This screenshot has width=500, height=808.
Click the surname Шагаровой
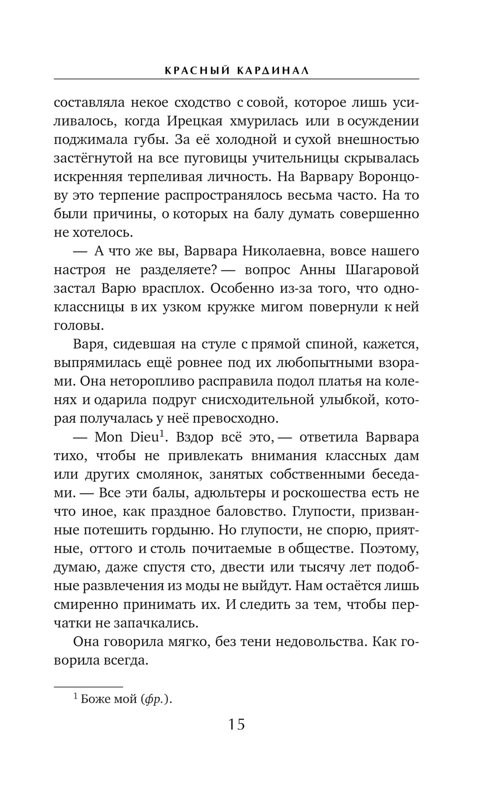pyautogui.click(x=382, y=270)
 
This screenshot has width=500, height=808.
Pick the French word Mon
pyautogui.click(x=108, y=437)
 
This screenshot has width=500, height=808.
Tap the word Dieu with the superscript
pyautogui.click(x=145, y=437)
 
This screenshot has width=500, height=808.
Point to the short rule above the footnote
pyautogui.click(x=88, y=686)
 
